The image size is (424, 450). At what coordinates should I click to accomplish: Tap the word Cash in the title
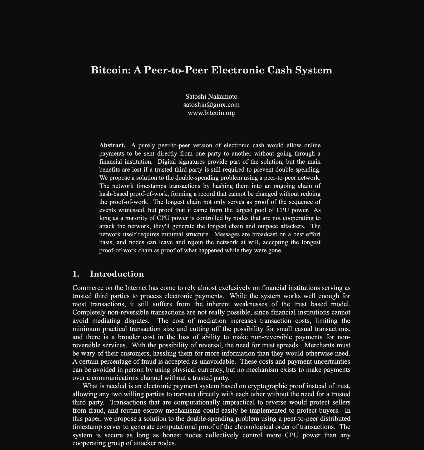(278, 70)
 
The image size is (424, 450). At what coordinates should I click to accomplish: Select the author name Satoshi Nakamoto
(211, 97)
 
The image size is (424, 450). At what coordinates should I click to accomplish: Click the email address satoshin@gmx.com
(211, 105)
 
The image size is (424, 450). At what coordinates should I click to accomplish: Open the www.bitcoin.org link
(211, 113)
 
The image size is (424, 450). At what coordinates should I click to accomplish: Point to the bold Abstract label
(112, 145)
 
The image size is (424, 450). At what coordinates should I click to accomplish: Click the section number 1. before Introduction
(76, 274)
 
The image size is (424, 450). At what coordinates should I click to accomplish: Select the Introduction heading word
(117, 274)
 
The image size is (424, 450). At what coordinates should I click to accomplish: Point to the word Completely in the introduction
(88, 312)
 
